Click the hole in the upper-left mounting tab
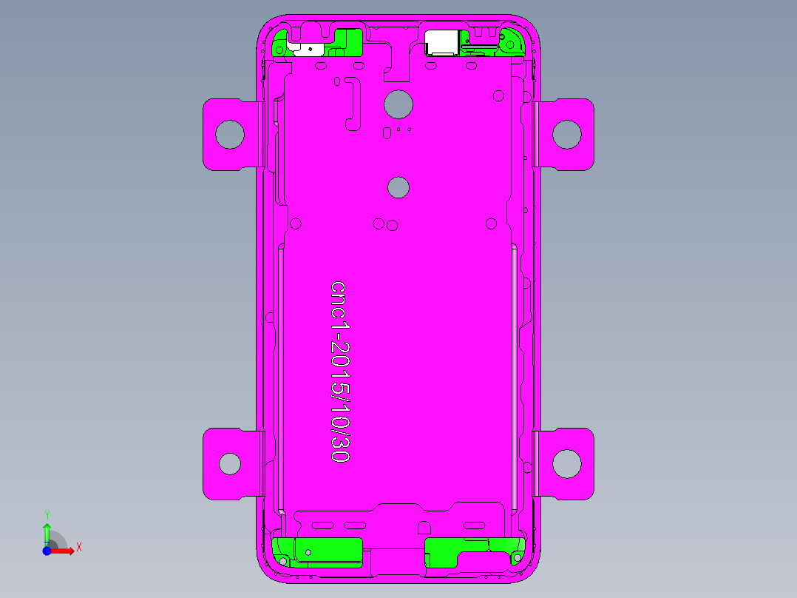pyautogui.click(x=230, y=134)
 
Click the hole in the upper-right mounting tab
pyautogui.click(x=567, y=134)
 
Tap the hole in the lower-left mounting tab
pyautogui.click(x=230, y=463)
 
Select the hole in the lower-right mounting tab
pyautogui.click(x=567, y=463)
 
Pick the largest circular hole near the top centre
pyautogui.click(x=398, y=104)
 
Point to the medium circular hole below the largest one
pyautogui.click(x=398, y=187)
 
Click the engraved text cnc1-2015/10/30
pyautogui.click(x=339, y=372)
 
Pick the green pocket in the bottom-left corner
pyautogui.click(x=318, y=551)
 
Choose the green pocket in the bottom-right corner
pyautogui.click(x=466, y=551)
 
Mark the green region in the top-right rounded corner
pyautogui.click(x=513, y=42)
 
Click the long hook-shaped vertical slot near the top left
pyautogui.click(x=354, y=104)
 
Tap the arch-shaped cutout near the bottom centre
pyautogui.click(x=424, y=528)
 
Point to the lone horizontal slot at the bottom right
pyautogui.click(x=474, y=525)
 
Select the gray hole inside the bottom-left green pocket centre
pyautogui.click(x=309, y=552)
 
